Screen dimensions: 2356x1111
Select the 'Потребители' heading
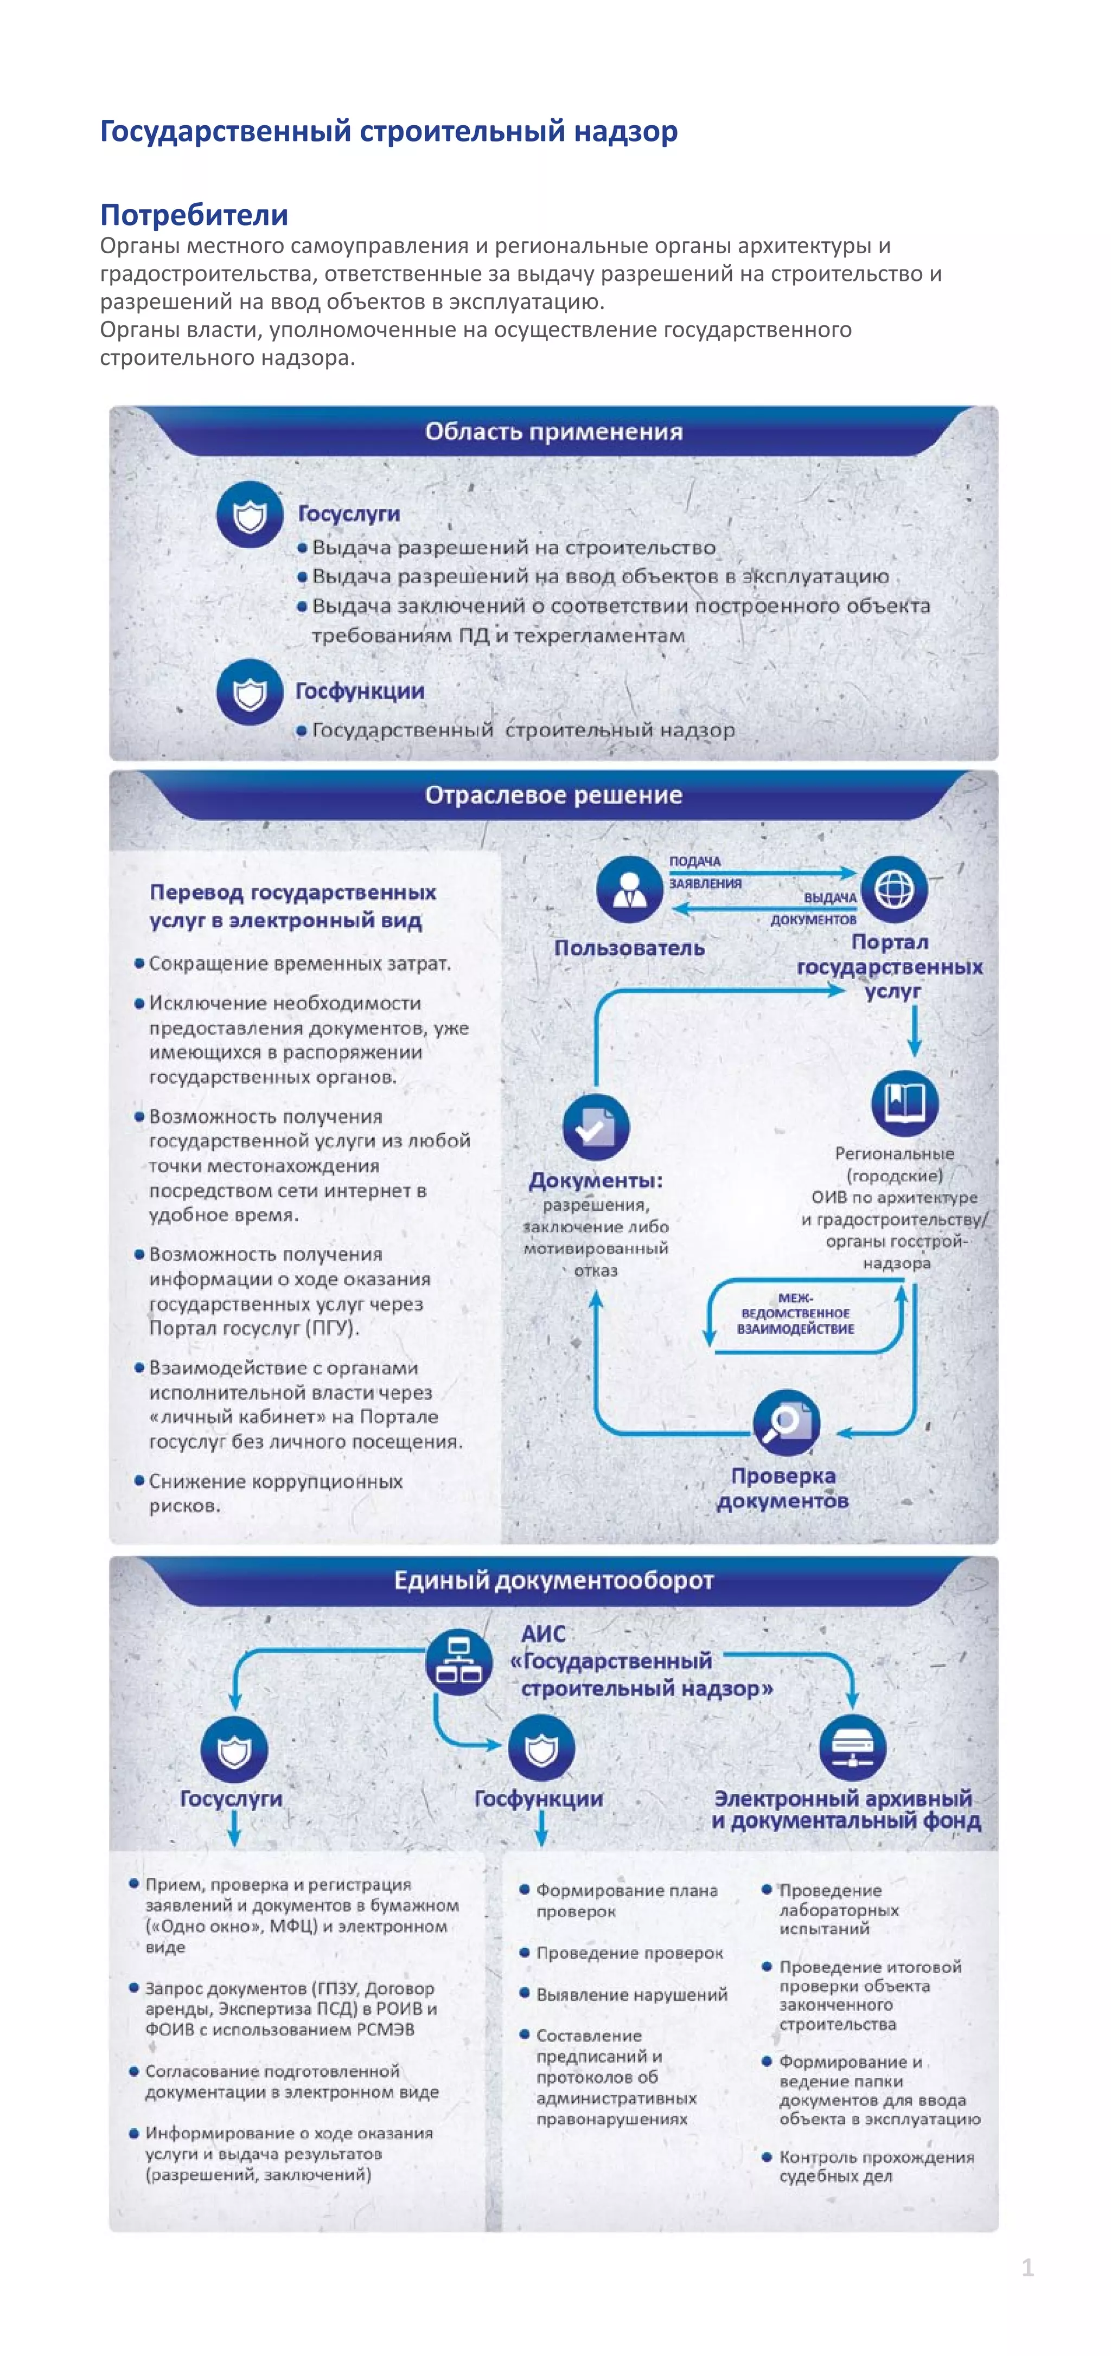[194, 215]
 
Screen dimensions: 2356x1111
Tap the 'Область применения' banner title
[554, 432]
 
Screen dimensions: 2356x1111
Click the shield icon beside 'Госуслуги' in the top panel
[249, 515]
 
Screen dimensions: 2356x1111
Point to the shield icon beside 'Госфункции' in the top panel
[249, 692]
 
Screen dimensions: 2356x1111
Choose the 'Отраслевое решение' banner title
[554, 795]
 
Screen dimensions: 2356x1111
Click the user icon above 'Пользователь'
[629, 888]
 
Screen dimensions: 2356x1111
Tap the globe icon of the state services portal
[894, 888]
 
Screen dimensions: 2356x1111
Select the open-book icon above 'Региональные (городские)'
[904, 1102]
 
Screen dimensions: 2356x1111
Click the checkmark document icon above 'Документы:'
[596, 1127]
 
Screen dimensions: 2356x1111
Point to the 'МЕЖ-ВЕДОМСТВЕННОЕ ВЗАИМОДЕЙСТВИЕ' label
[795, 1313]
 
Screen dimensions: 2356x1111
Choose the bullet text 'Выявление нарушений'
[631, 1995]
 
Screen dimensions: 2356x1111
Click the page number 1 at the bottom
[1027, 2267]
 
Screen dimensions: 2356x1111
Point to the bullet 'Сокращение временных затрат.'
[299, 963]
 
